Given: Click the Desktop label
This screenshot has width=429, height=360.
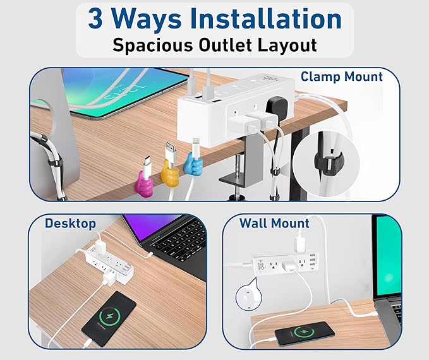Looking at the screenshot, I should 70,223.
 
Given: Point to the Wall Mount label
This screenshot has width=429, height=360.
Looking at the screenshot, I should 274,223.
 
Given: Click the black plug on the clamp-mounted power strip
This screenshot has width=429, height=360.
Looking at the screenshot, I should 278,107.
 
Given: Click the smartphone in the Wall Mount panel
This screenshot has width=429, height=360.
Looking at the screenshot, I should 312,330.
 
